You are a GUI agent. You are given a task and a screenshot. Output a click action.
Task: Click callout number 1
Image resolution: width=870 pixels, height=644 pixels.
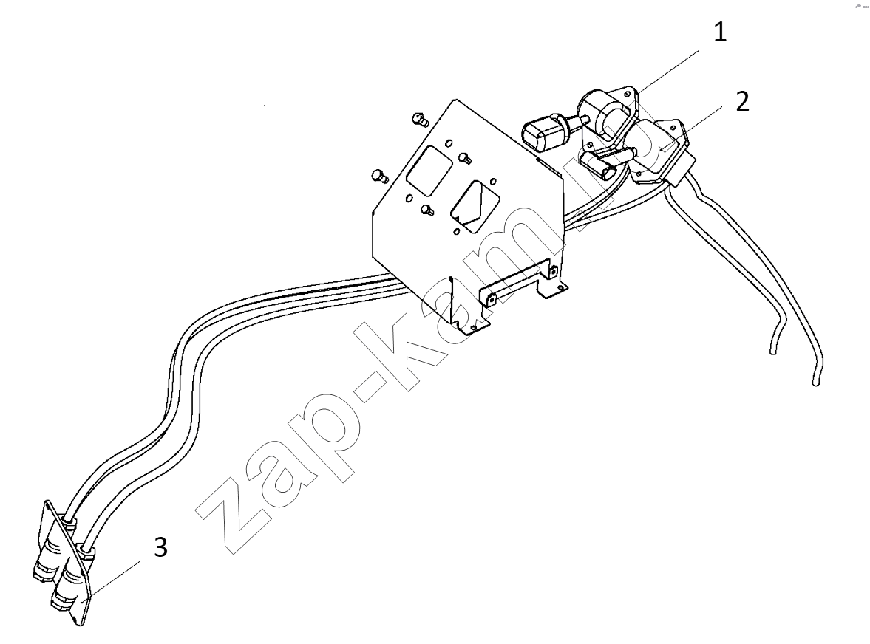(x=720, y=32)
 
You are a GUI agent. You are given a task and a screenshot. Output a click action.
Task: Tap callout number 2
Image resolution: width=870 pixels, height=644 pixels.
(x=742, y=101)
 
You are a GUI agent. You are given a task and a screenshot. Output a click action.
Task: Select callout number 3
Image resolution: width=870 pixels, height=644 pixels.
(x=160, y=547)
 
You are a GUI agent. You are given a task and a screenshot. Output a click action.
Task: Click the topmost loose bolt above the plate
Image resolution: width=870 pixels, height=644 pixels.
(x=419, y=118)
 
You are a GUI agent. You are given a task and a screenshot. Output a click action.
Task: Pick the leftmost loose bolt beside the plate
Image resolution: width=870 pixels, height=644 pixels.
(x=379, y=176)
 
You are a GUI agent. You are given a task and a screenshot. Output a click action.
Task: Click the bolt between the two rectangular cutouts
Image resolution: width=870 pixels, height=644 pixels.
(x=465, y=159)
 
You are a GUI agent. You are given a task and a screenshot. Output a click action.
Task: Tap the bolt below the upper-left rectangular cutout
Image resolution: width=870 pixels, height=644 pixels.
(x=426, y=209)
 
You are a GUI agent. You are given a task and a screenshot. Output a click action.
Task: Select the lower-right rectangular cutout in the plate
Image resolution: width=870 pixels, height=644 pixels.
(x=475, y=205)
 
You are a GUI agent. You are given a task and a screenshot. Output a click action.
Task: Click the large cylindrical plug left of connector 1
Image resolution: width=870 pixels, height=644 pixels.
(x=545, y=130)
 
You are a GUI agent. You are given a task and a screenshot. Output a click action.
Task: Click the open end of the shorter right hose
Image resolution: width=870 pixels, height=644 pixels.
(x=772, y=350)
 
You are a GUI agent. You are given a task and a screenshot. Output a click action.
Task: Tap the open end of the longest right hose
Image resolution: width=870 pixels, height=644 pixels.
(x=815, y=382)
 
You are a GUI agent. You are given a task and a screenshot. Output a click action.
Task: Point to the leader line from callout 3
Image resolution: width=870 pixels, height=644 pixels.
(x=112, y=580)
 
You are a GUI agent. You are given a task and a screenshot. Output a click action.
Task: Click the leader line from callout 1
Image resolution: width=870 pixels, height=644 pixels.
(x=668, y=72)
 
